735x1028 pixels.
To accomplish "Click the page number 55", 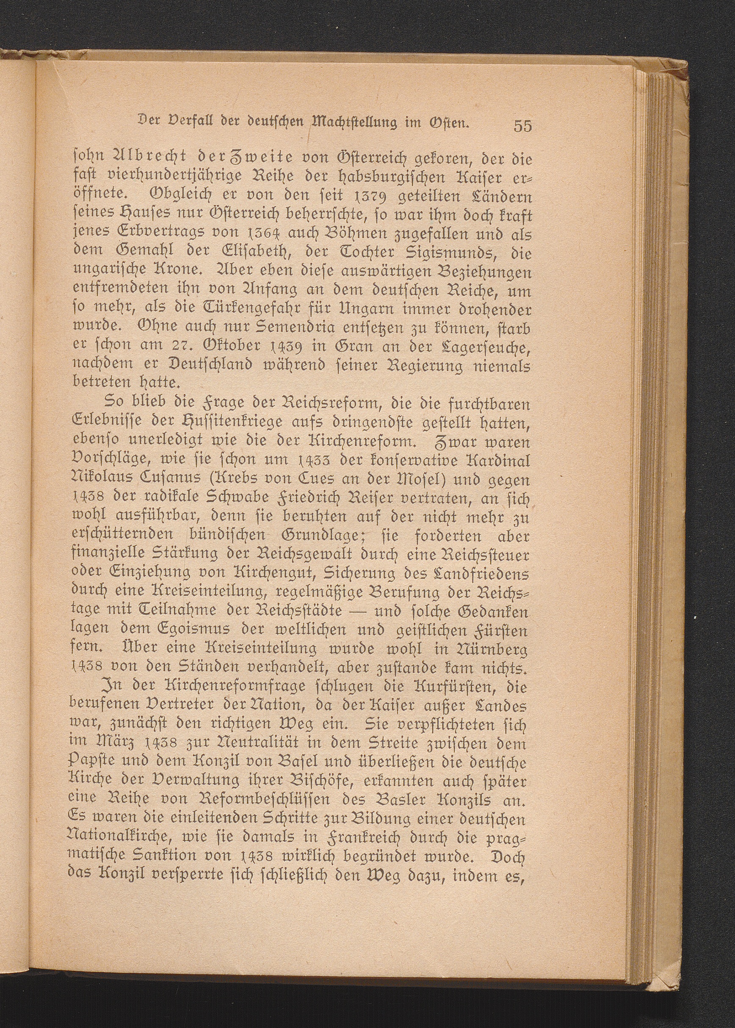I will pyautogui.click(x=522, y=126).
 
